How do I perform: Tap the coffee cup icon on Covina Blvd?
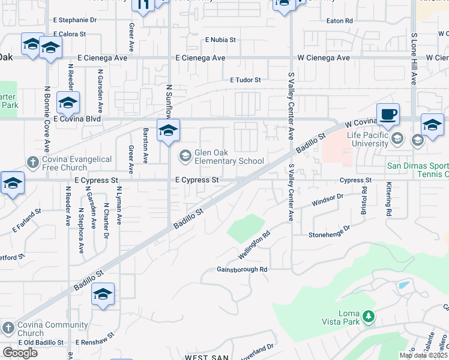(388, 114)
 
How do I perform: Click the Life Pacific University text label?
(368, 139)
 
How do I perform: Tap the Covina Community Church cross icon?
(8, 328)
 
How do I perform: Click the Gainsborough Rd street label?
(242, 270)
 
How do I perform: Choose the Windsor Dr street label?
(327, 200)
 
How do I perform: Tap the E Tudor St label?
(246, 80)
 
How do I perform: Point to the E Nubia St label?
(220, 40)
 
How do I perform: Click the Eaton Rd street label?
(339, 20)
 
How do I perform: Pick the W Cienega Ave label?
(324, 58)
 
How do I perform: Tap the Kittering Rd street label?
(389, 200)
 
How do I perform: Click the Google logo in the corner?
(20, 353)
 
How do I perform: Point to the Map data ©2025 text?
(424, 355)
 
